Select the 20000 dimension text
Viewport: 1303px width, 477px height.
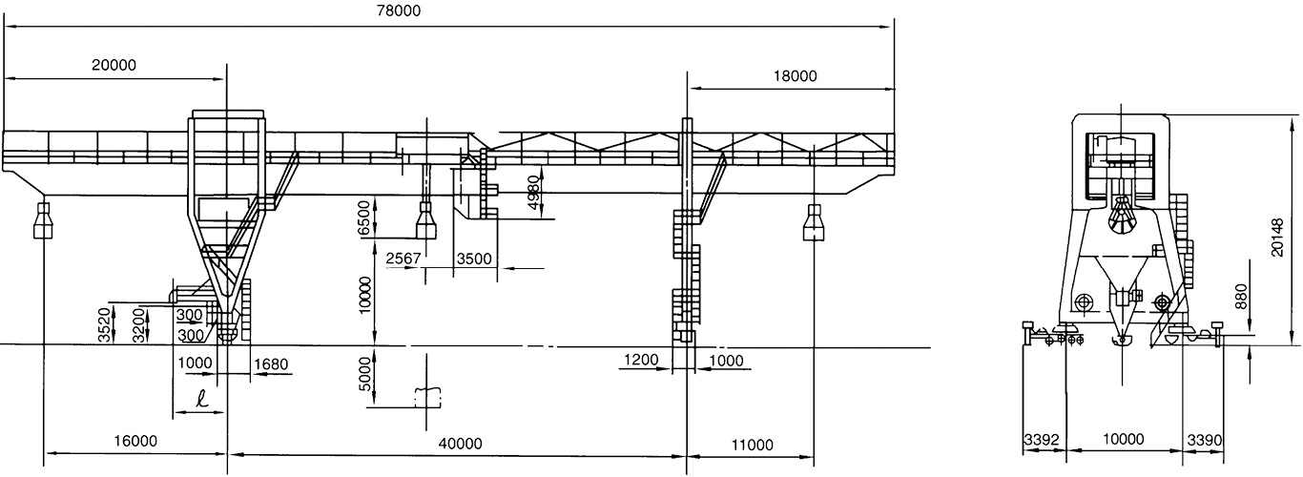pyautogui.click(x=114, y=66)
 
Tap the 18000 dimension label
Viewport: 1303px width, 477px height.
pyautogui.click(x=795, y=77)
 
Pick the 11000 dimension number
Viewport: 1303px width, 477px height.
pyautogui.click(x=753, y=443)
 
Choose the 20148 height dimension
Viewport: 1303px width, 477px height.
pyautogui.click(x=1279, y=233)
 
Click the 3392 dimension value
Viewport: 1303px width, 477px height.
pyautogui.click(x=1042, y=440)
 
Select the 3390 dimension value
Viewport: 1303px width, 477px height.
pyautogui.click(x=1204, y=440)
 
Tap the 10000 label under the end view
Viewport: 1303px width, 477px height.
pyautogui.click(x=1123, y=440)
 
